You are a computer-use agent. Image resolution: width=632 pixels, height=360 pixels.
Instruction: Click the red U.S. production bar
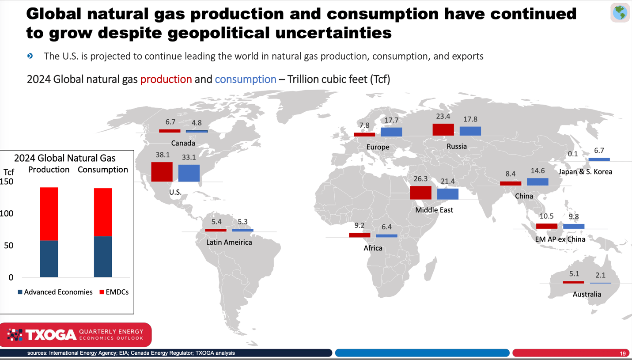[x=162, y=172]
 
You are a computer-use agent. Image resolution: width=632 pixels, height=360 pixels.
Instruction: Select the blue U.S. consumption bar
[x=189, y=173]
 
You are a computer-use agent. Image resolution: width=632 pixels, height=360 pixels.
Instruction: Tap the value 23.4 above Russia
[x=443, y=117]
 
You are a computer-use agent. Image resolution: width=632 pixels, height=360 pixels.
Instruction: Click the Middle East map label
[x=434, y=210]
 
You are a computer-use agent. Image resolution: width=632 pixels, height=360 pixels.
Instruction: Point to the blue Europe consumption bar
[x=391, y=132]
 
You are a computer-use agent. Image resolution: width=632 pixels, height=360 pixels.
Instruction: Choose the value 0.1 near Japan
[x=572, y=154]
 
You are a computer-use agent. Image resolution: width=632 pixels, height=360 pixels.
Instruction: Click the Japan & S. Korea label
[x=585, y=171]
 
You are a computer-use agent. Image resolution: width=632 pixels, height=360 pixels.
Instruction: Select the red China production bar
[x=511, y=183]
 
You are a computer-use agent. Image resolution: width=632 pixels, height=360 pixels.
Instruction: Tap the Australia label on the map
[x=587, y=294]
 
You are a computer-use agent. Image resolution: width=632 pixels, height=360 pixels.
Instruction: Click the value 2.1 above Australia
[x=600, y=275]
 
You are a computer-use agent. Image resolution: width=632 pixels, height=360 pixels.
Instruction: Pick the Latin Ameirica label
[x=229, y=242]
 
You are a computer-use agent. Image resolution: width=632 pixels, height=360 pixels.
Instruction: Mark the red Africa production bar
[x=360, y=235]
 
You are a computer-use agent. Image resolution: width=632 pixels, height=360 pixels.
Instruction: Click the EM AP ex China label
[x=560, y=239]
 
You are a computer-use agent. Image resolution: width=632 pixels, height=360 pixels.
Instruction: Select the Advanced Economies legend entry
[x=55, y=292]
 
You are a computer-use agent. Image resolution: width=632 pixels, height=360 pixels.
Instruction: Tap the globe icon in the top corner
[x=620, y=12]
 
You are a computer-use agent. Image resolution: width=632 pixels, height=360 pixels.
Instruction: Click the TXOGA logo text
[x=51, y=335]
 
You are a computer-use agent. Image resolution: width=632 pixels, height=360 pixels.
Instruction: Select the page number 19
[x=623, y=353]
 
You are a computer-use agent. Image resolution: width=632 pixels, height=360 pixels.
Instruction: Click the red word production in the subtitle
[x=166, y=80]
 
